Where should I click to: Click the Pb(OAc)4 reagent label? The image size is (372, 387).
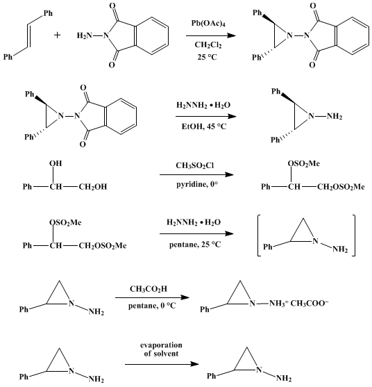208,24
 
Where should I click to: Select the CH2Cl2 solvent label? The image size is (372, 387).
208,45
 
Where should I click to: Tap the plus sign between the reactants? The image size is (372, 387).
57,35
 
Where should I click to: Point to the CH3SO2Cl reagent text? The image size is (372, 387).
195,165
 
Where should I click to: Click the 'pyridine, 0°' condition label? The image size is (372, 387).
197,185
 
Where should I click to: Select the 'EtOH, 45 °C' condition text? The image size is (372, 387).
204,126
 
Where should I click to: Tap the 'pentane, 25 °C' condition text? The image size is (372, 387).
195,245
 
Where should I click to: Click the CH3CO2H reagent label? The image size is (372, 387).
149,289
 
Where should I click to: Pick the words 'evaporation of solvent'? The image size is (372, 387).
161,349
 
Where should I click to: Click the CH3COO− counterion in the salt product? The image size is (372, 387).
310,303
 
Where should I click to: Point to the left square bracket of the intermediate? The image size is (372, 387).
258,236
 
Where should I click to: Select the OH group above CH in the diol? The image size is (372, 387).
56,164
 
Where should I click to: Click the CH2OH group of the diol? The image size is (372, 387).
93,187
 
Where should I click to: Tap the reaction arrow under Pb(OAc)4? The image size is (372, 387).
211,35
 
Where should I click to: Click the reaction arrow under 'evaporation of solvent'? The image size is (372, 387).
162,364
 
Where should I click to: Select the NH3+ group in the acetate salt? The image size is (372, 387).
278,303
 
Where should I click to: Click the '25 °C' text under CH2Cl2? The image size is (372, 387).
207,57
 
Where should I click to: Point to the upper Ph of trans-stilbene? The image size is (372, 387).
48,13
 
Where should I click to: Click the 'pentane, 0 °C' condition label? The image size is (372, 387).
152,306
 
